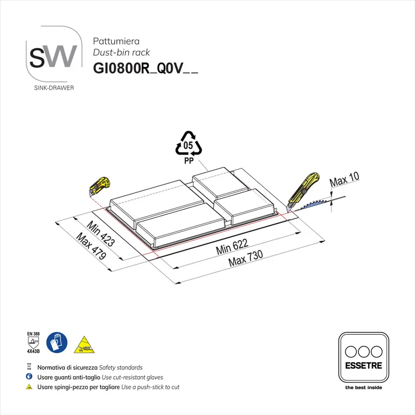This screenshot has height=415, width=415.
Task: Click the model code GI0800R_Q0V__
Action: pyautogui.click(x=145, y=68)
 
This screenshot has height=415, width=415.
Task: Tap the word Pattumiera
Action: pyautogui.click(x=116, y=41)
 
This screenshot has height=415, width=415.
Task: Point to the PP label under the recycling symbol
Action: pyautogui.click(x=189, y=161)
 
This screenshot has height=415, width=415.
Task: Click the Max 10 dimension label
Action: pyautogui.click(x=344, y=179)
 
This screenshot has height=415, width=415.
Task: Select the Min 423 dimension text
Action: pyautogui.click(x=101, y=233)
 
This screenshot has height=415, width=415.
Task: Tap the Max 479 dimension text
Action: pyautogui.click(x=91, y=246)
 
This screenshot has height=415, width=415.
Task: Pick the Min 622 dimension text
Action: pyautogui.click(x=232, y=247)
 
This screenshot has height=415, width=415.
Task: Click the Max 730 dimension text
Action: pyautogui.click(x=245, y=258)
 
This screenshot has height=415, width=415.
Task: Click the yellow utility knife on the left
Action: pyautogui.click(x=100, y=186)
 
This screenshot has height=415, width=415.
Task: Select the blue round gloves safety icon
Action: pyautogui.click(x=57, y=342)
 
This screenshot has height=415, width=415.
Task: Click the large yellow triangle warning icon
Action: pyautogui.click(x=84, y=345)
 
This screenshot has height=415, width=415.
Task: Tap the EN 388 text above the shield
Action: pyautogui.click(x=33, y=334)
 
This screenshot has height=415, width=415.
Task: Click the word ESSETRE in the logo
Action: pyautogui.click(x=364, y=366)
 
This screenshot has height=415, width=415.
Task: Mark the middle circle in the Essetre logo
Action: pyautogui.click(x=364, y=352)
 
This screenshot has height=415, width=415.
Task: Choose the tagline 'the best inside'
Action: pyautogui.click(x=364, y=388)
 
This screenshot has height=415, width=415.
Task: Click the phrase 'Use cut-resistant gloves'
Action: pyautogui.click(x=132, y=378)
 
